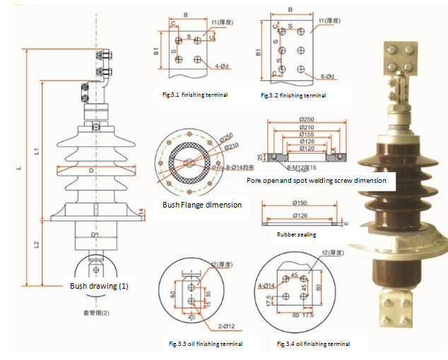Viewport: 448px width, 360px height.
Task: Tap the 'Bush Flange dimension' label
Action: click(202, 205)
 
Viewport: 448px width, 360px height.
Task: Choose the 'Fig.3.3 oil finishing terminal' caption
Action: click(205, 344)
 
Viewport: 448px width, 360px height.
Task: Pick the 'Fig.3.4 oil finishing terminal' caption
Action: click(313, 344)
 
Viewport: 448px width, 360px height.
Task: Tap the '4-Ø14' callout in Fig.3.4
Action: click(266, 285)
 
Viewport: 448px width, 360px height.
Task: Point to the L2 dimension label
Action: click(37, 244)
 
